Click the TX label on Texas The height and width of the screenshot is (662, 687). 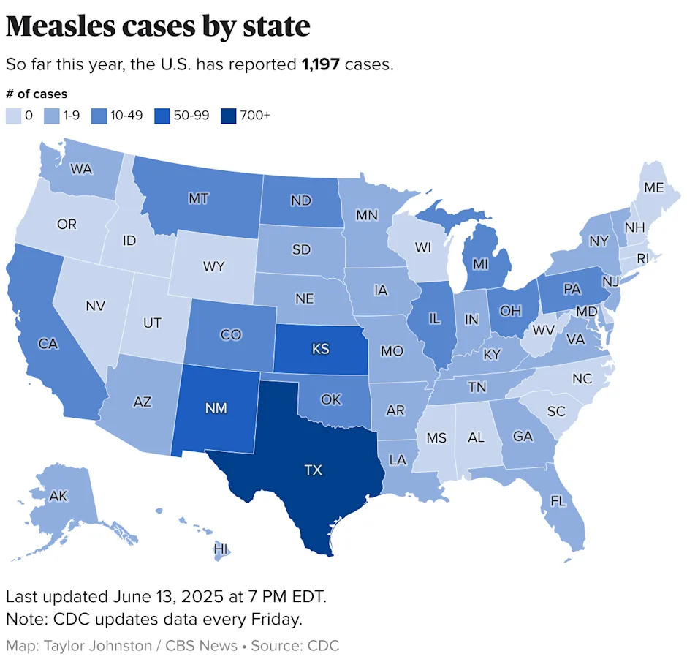point(312,470)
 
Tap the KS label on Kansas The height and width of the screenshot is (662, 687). point(320,350)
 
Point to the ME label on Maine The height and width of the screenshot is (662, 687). point(654,188)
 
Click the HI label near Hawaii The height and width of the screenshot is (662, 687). point(220,549)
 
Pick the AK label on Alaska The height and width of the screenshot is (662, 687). point(58,496)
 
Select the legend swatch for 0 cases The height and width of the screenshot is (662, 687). point(14,115)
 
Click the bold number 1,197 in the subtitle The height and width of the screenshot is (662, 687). point(321,64)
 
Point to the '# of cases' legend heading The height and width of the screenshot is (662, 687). point(37,94)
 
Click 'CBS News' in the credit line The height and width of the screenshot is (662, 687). point(202,645)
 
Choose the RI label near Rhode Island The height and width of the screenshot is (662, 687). point(643,257)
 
